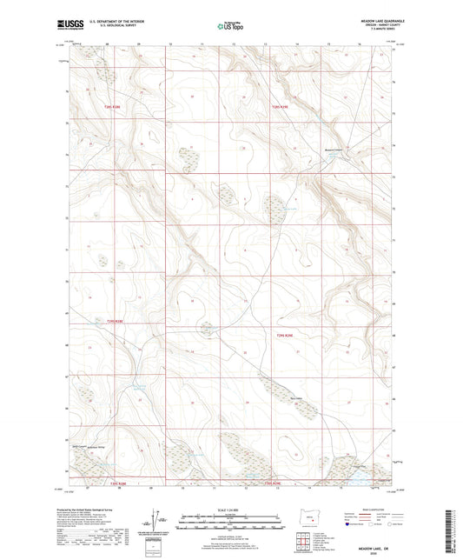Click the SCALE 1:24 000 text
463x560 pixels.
[x=231, y=510]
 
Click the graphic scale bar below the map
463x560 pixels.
[x=231, y=524]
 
